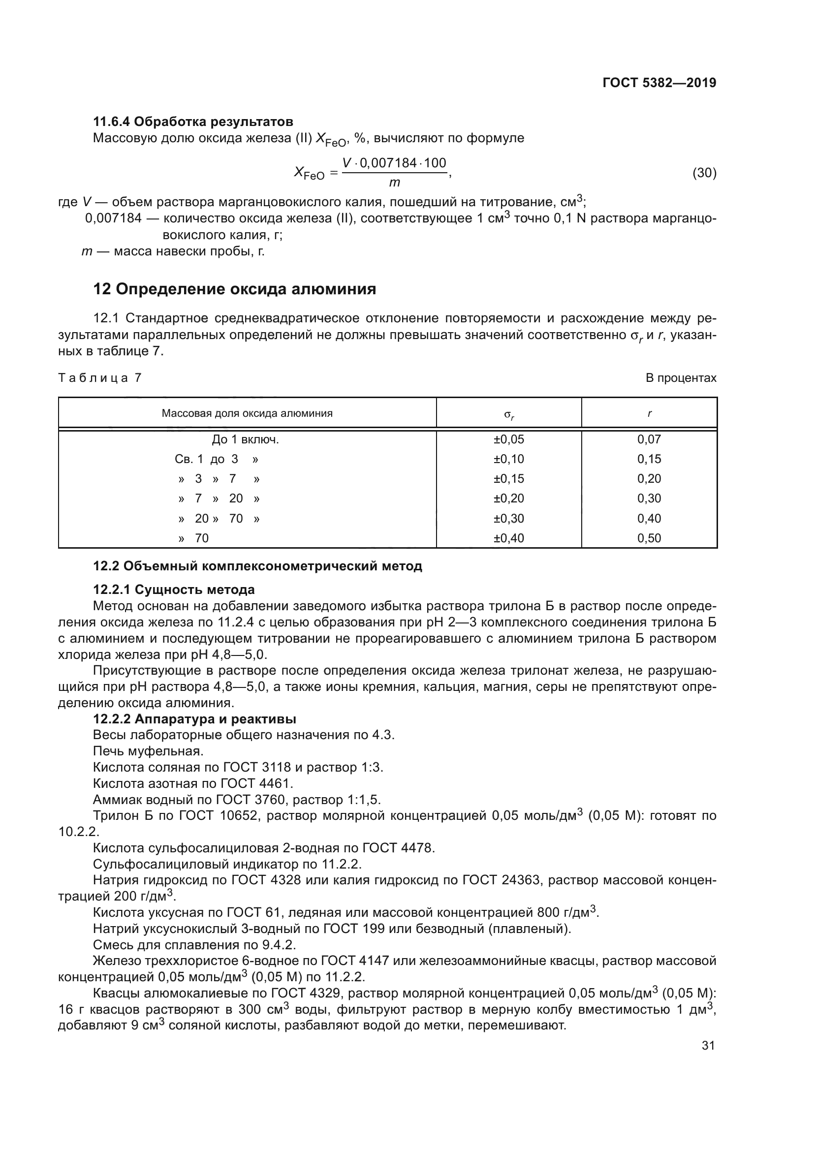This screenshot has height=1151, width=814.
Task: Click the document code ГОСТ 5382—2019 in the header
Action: [x=659, y=83]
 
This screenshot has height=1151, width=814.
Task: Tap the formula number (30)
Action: [x=704, y=173]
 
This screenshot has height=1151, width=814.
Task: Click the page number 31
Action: [x=708, y=1045]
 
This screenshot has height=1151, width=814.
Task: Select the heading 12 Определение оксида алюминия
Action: [x=235, y=289]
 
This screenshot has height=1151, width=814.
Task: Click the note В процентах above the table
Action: [x=681, y=378]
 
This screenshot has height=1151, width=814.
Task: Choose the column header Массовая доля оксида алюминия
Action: [x=247, y=413]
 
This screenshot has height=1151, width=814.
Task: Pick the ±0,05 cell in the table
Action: [x=509, y=439]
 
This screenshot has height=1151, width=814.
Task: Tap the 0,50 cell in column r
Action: [x=649, y=538]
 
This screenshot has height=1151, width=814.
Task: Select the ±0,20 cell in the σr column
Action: [x=509, y=498]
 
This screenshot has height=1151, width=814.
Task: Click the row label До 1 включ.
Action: [x=245, y=439]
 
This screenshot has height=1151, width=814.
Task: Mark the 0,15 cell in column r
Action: [x=649, y=459]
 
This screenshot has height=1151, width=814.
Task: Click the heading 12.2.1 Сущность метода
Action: [x=174, y=590]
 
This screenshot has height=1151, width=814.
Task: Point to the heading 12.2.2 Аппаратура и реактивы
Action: [x=194, y=719]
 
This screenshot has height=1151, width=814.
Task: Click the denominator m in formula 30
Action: [x=395, y=183]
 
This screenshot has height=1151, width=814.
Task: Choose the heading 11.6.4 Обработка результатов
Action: [x=193, y=122]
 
